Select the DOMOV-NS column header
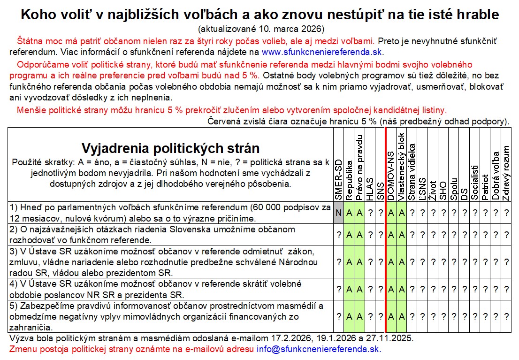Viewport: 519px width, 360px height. pos(391,176)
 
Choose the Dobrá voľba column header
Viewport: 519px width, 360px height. pos(496,176)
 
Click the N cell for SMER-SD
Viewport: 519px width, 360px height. pos(338,213)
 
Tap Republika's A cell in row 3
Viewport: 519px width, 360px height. pos(349,261)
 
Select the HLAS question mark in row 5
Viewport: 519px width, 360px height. pos(370,316)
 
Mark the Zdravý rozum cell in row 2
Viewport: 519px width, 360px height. pos(506,235)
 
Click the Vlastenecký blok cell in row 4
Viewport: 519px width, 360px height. pos(401,289)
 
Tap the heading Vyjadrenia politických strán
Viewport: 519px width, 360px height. pos(171,148)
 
